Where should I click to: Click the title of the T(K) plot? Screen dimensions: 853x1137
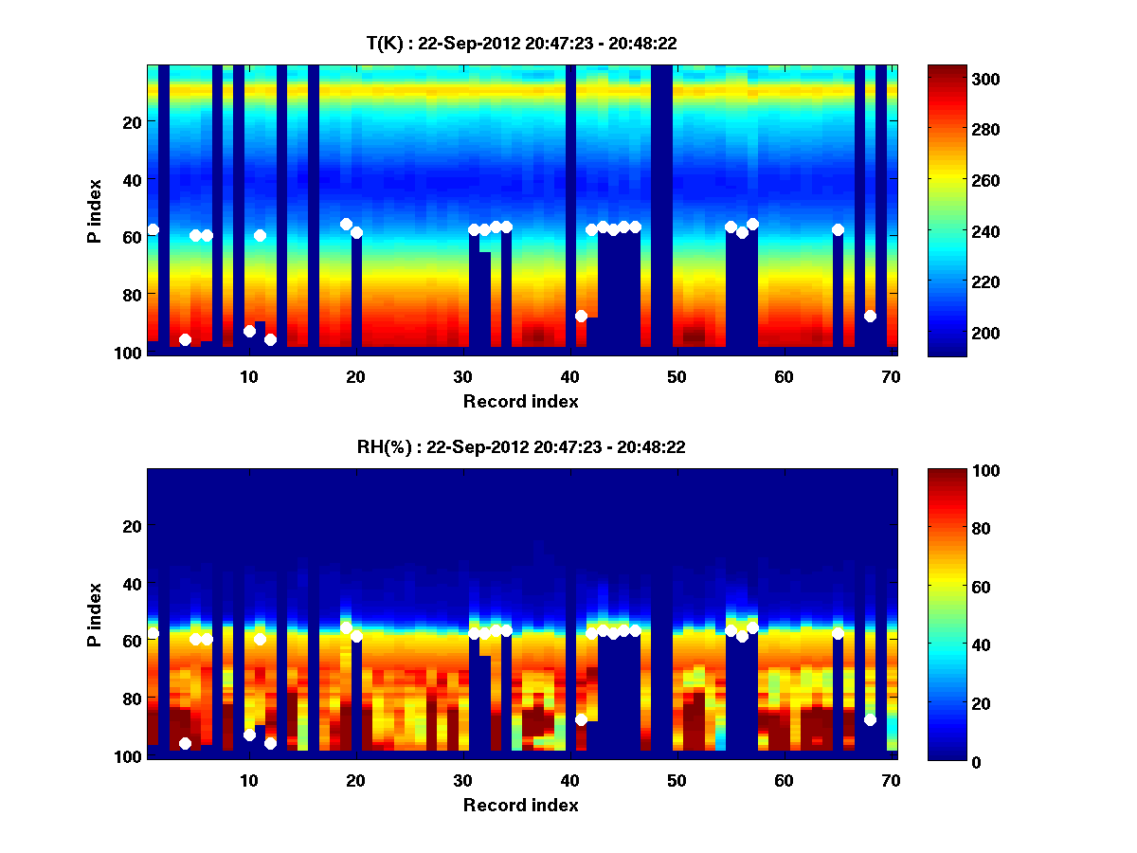click(x=521, y=44)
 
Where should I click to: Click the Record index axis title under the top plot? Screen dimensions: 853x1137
click(x=521, y=401)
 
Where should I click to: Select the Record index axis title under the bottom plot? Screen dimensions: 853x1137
click(x=521, y=805)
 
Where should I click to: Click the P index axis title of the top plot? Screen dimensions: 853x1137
click(x=95, y=210)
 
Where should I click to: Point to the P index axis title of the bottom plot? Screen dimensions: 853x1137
click(x=95, y=614)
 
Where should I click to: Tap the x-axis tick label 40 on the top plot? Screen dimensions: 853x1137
click(x=569, y=376)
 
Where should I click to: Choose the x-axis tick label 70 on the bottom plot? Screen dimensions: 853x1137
click(x=891, y=780)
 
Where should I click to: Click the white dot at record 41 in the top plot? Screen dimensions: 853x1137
click(x=581, y=316)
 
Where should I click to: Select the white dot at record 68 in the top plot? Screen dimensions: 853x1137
click(x=870, y=316)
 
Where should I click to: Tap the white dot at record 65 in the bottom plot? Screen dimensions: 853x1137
click(x=838, y=633)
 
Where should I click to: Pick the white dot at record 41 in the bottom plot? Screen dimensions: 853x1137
click(x=581, y=719)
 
